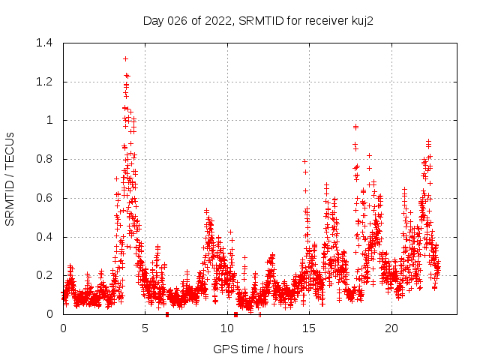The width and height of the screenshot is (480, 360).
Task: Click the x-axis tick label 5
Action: (x=145, y=328)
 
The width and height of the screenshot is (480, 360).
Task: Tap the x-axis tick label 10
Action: (x=227, y=328)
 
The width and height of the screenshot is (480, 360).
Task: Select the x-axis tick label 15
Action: (x=310, y=328)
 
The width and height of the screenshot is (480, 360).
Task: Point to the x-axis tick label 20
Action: (x=391, y=328)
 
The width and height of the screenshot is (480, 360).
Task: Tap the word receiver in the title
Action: (x=324, y=20)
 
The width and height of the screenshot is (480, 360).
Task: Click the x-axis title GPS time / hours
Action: (x=259, y=349)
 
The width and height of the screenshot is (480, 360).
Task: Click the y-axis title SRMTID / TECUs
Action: (x=10, y=178)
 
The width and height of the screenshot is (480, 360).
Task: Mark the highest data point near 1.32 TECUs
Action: (x=125, y=58)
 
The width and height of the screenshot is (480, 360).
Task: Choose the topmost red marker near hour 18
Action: (x=355, y=127)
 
